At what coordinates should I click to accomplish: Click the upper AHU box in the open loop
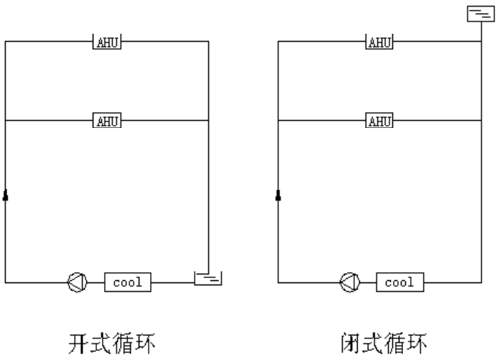click(107, 42)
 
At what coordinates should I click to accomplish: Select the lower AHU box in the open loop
click(107, 120)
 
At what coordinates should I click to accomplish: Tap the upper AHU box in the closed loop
click(379, 42)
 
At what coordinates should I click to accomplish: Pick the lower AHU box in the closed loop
click(379, 120)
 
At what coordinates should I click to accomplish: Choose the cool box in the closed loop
click(400, 282)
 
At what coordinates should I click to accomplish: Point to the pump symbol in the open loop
click(78, 282)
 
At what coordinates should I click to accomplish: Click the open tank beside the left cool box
click(208, 277)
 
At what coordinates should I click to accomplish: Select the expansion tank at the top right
click(479, 14)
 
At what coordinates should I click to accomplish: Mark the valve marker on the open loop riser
click(6, 195)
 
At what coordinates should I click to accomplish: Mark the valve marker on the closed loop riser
click(278, 195)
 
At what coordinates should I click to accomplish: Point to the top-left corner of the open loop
click(6, 42)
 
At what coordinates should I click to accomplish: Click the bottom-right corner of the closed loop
click(479, 282)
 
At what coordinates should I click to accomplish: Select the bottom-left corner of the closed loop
click(278, 282)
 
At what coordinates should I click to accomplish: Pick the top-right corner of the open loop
click(208, 42)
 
